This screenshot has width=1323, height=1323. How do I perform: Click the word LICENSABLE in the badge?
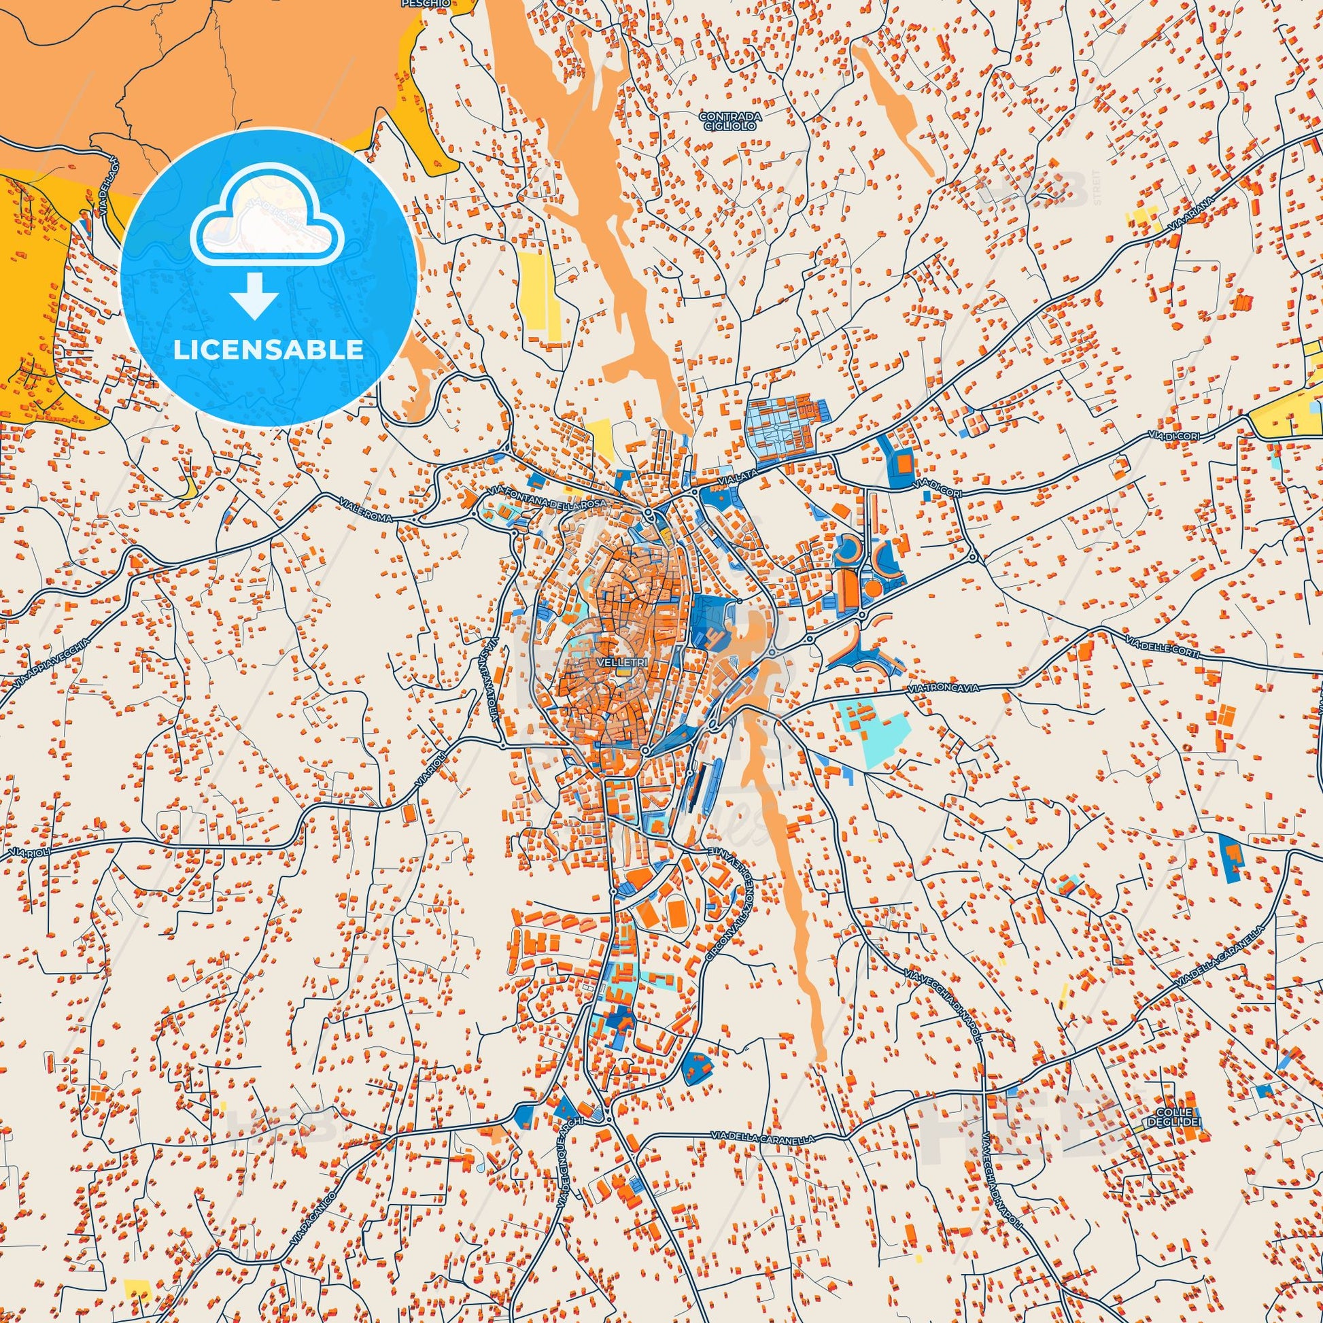click(x=268, y=350)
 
